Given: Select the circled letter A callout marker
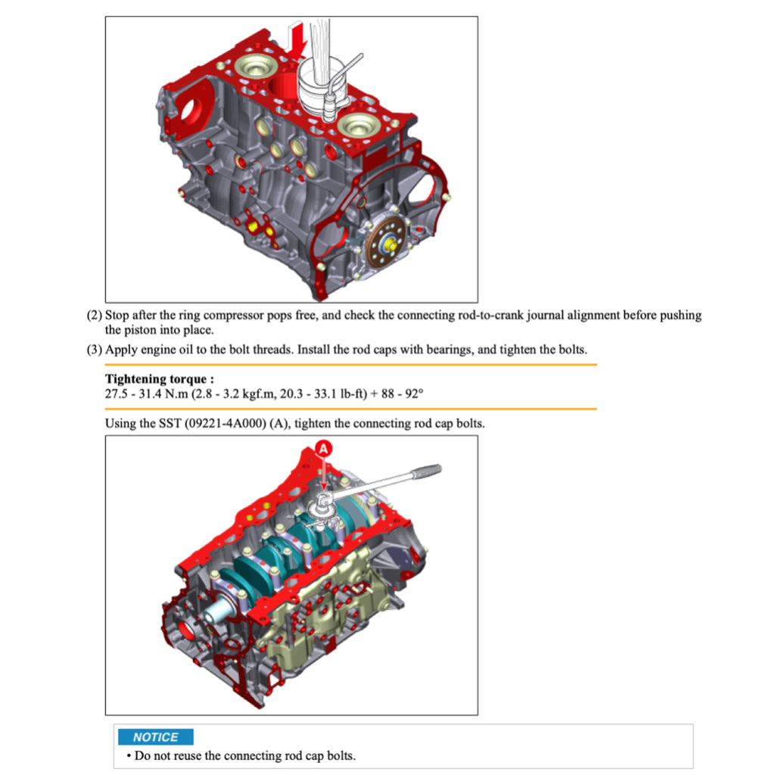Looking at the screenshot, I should click(x=323, y=448).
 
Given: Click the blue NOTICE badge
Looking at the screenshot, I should click(x=155, y=737).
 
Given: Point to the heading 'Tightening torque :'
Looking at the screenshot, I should click(x=160, y=379).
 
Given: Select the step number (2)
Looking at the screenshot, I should click(x=94, y=316).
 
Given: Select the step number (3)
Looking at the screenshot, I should click(x=94, y=350).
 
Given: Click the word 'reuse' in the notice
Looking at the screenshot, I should click(x=202, y=756).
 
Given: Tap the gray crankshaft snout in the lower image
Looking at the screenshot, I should click(x=227, y=607).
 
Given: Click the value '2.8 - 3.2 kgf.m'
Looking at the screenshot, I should click(x=241, y=394).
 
